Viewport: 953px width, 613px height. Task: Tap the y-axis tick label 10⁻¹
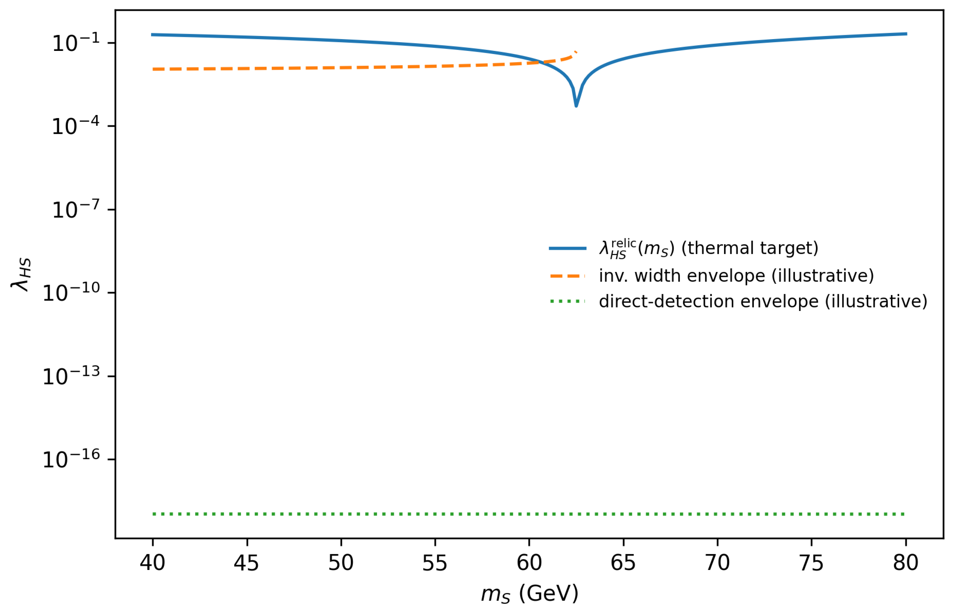pos(76,42)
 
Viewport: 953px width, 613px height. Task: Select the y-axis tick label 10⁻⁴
pos(76,125)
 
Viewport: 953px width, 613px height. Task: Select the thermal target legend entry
pos(684,248)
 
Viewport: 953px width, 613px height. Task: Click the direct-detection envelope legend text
pos(763,301)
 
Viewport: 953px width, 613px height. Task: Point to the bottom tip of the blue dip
pos(576,106)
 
